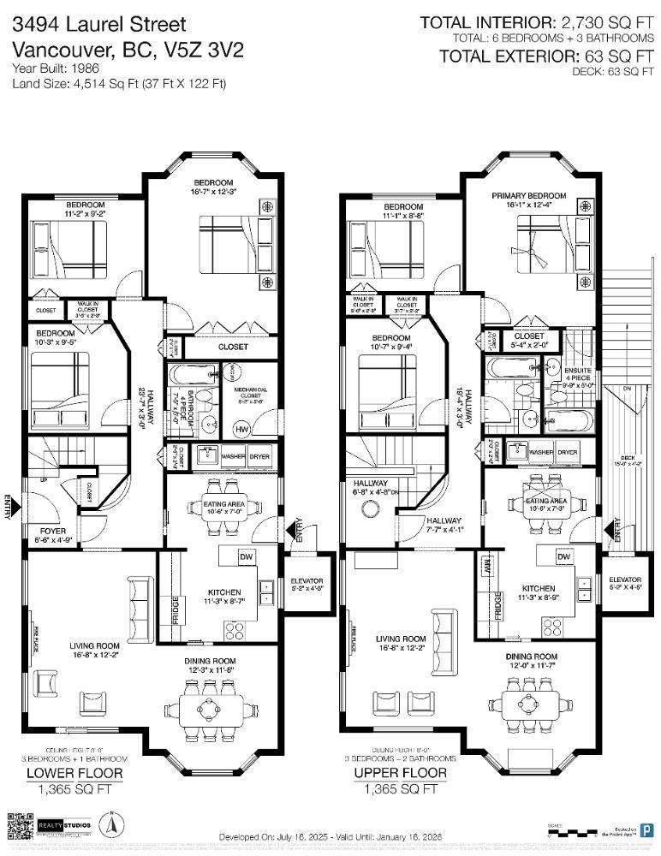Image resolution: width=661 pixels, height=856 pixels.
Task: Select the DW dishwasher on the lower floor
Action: point(246,557)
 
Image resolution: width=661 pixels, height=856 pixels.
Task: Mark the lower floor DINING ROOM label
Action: point(211,661)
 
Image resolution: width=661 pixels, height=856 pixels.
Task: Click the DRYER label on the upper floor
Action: point(567,453)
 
